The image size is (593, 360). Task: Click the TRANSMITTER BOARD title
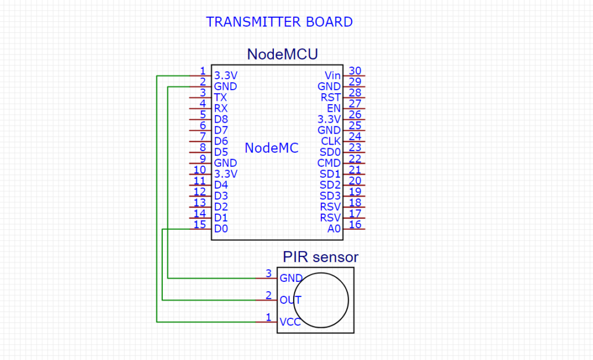coord(279,23)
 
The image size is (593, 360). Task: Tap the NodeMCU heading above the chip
coord(282,54)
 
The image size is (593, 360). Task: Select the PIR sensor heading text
coord(320,256)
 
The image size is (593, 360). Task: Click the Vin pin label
coord(332,76)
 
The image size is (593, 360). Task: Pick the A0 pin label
coord(334,229)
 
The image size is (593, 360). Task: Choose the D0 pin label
coord(221,229)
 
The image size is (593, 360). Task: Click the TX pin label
coord(220,97)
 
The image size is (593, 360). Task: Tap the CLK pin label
coord(331,141)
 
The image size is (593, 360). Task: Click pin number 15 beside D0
coord(200,225)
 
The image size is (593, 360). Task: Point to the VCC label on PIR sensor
coord(290,322)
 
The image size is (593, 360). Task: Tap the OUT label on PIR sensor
coord(290,300)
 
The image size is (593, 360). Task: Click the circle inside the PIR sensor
coord(323,300)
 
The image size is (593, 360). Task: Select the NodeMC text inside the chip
coord(271,148)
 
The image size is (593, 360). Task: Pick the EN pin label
coord(334,108)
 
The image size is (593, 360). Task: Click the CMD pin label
coord(329,163)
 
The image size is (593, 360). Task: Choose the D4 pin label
coord(221,185)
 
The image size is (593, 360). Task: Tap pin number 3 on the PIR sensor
coord(268,273)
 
